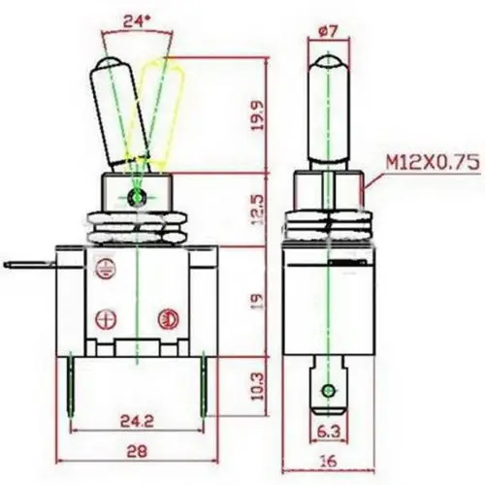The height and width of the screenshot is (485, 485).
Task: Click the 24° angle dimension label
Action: [x=137, y=21]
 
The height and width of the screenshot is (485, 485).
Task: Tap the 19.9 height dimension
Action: [x=258, y=115]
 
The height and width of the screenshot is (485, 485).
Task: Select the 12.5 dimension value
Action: [x=258, y=210]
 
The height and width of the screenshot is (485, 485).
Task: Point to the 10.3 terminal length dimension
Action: [x=258, y=387]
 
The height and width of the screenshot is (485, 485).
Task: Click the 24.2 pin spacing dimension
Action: [x=137, y=421]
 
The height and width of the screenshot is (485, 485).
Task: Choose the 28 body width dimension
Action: [x=137, y=451]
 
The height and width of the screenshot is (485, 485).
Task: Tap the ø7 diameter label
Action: [x=328, y=31]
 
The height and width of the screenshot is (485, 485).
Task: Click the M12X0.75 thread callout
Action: [x=434, y=162]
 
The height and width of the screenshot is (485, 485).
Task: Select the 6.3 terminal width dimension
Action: [x=328, y=432]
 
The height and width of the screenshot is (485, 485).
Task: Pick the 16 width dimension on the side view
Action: [x=328, y=461]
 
